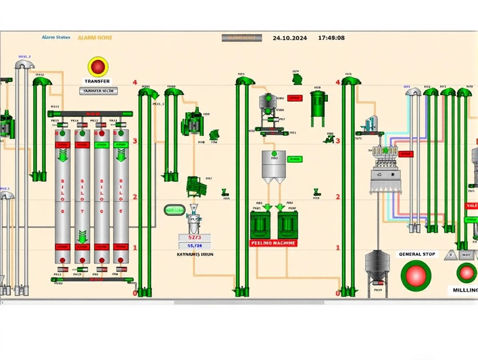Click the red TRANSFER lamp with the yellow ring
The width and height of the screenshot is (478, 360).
click(x=98, y=66)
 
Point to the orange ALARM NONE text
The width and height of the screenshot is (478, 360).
click(x=95, y=38)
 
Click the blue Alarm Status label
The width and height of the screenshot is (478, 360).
click(x=56, y=37)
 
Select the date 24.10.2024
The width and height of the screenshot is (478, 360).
click(x=290, y=38)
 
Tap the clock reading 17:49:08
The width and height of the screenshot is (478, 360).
click(x=331, y=38)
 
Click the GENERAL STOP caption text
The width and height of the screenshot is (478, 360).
click(x=417, y=254)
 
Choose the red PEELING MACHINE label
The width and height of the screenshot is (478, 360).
click(x=273, y=243)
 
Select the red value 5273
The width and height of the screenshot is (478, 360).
click(x=194, y=237)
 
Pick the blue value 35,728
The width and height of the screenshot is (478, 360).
click(x=194, y=245)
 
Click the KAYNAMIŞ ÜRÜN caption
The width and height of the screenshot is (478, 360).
click(x=194, y=254)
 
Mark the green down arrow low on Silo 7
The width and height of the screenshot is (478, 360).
click(x=82, y=236)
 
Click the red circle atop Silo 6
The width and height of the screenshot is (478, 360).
click(x=102, y=133)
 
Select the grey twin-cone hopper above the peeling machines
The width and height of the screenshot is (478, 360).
click(x=273, y=166)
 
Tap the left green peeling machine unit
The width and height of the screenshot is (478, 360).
click(x=260, y=225)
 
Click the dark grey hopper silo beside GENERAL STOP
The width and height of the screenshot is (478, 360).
click(x=377, y=266)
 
